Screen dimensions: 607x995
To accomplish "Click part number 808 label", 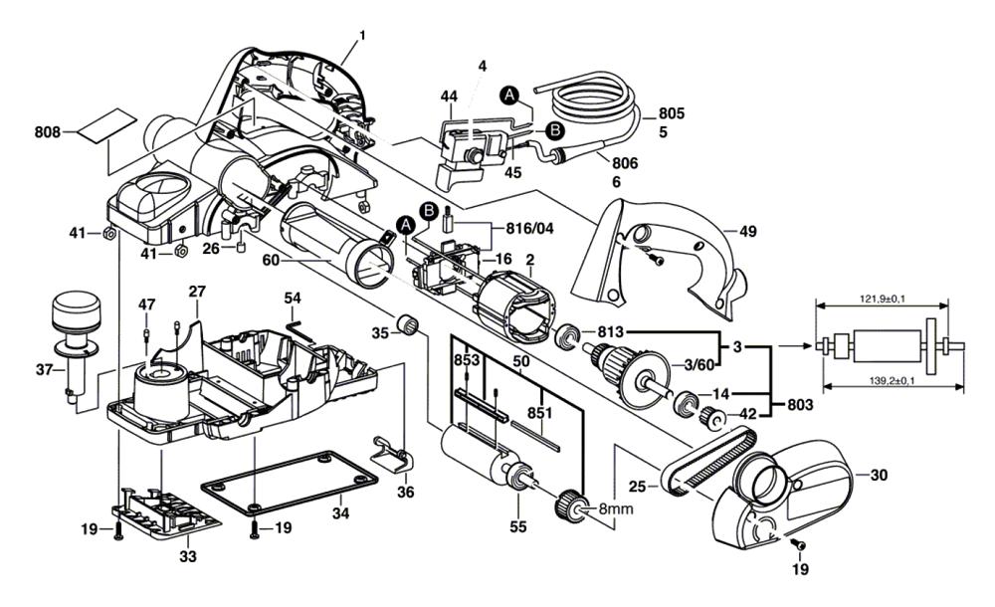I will point(47,130).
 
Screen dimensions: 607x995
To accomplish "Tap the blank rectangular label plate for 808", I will point(106,125).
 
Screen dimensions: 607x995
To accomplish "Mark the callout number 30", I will point(878,475).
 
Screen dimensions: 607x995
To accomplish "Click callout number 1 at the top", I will point(362,37).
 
